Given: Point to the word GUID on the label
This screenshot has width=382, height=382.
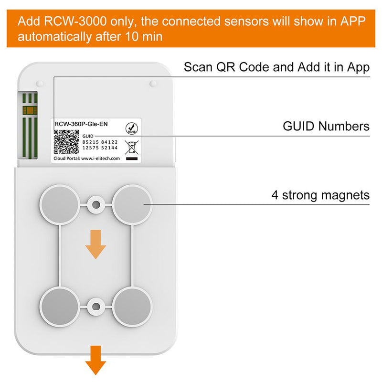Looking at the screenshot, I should click(88, 136).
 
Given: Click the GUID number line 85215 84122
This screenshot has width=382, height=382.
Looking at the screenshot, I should click(100, 142).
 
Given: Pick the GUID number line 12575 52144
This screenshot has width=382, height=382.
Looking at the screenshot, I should click(100, 149).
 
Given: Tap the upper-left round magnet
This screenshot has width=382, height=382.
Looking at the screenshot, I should click(60, 204).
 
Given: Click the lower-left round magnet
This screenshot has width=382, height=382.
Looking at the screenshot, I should click(60, 304).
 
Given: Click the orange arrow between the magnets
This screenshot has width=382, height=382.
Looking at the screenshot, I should click(95, 244).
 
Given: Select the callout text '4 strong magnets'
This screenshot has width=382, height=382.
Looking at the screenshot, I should click(320, 195).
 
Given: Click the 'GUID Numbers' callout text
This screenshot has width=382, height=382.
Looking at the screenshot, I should click(326, 126).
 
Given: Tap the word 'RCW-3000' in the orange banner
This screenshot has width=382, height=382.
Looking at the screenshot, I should click(74, 21).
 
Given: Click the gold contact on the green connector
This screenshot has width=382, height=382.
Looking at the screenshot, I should click(31, 111).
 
